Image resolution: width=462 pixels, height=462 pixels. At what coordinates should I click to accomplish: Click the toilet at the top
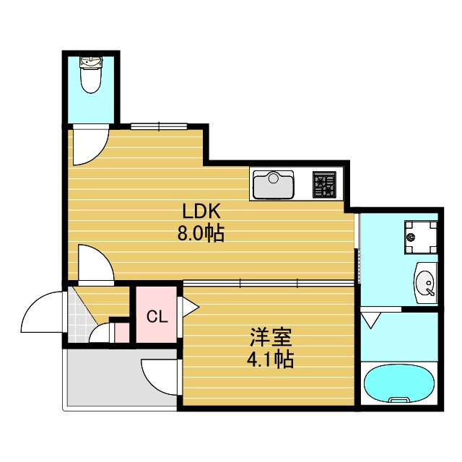(90, 76)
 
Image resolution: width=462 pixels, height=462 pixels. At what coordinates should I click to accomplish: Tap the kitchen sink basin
(273, 183)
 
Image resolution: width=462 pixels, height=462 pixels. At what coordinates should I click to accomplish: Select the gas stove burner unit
(324, 184)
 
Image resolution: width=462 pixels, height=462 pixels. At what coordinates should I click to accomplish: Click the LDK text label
(204, 212)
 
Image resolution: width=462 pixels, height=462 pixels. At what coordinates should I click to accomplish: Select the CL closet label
(157, 316)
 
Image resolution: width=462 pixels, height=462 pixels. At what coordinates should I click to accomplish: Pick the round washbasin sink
(426, 281)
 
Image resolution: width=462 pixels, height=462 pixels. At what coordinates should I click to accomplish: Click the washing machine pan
(419, 236)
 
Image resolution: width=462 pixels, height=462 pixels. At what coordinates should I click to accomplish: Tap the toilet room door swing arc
(90, 144)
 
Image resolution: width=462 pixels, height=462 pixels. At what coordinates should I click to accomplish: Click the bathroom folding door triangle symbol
(372, 319)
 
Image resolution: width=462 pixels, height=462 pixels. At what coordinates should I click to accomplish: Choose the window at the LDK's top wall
(160, 126)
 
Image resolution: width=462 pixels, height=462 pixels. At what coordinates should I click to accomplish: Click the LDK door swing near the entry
(94, 263)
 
